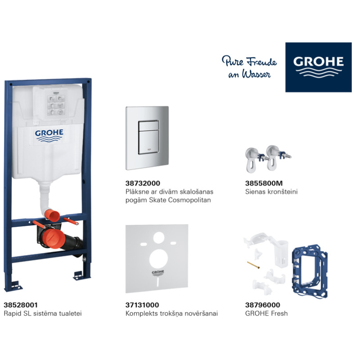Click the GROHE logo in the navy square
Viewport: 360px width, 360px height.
pyautogui.click(x=319, y=67)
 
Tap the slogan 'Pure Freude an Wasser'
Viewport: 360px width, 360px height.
pyautogui.click(x=249, y=67)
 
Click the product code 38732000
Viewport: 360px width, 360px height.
pyautogui.click(x=142, y=184)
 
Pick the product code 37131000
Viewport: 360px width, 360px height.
pyautogui.click(x=142, y=305)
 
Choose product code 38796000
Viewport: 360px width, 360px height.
pyautogui.click(x=258, y=305)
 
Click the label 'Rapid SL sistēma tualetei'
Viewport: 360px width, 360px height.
pyautogui.click(x=43, y=313)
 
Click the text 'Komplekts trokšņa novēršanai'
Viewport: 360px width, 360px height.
pyautogui.click(x=171, y=313)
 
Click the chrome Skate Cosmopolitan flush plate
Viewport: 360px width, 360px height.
pyautogui.click(x=147, y=138)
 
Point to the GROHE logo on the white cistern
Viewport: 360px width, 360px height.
pyautogui.click(x=49, y=135)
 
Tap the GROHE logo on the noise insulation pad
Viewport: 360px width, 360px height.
pyautogui.click(x=157, y=274)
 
